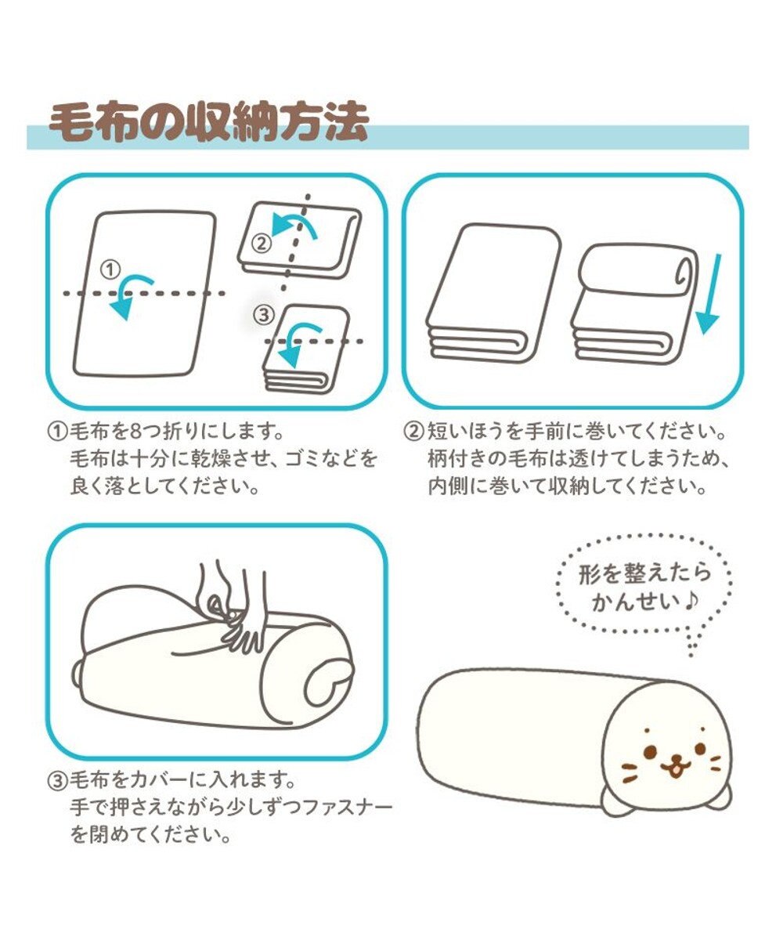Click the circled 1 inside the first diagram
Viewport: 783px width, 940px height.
110,269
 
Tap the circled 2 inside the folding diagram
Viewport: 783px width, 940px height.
263,242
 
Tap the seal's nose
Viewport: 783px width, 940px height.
672,760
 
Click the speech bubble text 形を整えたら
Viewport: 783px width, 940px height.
644,573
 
